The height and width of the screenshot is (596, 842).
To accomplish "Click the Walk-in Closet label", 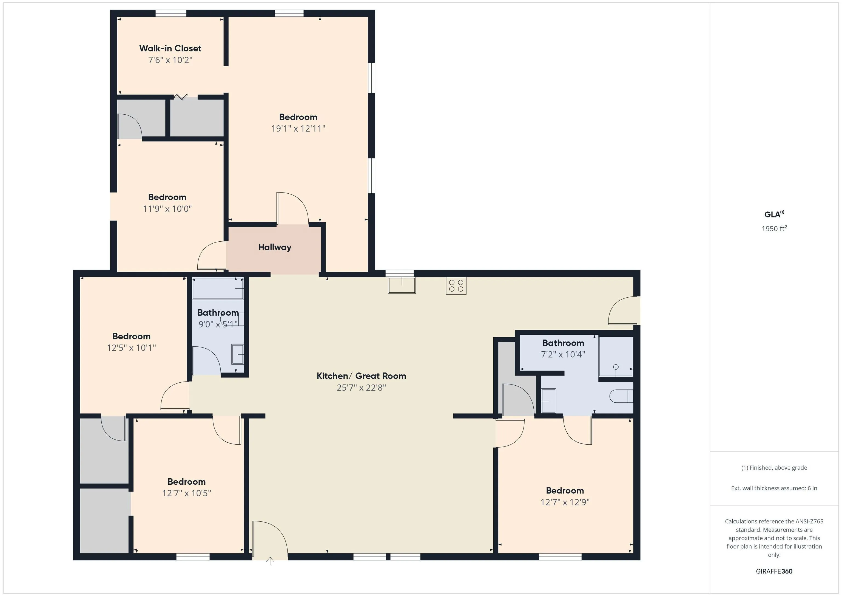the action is pyautogui.click(x=170, y=48).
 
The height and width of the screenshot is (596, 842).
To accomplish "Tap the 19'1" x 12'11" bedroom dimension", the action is pyautogui.click(x=298, y=128).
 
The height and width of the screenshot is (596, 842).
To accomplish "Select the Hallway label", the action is pyautogui.click(x=275, y=247).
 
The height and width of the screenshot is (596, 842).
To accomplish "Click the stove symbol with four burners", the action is pyautogui.click(x=456, y=286).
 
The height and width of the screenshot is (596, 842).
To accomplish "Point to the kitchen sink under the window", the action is pyautogui.click(x=402, y=285).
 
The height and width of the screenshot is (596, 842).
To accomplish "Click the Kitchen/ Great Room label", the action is pyautogui.click(x=361, y=376).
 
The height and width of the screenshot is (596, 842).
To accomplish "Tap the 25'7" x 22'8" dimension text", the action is pyautogui.click(x=361, y=388).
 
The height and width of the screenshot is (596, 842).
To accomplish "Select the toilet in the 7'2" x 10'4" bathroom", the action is pyautogui.click(x=621, y=396).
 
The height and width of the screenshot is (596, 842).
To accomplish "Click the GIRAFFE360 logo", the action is pyautogui.click(x=774, y=571).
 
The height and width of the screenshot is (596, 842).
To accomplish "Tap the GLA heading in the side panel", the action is pyautogui.click(x=774, y=214).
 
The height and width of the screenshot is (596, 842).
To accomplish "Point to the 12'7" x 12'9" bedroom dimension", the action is pyautogui.click(x=565, y=502).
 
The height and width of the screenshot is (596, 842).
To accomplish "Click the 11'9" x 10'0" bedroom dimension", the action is pyautogui.click(x=167, y=209).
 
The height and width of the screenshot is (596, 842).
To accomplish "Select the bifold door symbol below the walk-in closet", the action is pyautogui.click(x=181, y=97).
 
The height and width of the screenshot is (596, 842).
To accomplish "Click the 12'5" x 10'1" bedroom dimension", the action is pyautogui.click(x=131, y=348).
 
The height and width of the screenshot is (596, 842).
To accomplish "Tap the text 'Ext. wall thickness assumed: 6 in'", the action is pyautogui.click(x=774, y=488).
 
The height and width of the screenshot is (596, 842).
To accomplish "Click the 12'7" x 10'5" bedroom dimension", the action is pyautogui.click(x=187, y=493).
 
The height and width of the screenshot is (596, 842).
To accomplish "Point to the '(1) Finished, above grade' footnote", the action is pyautogui.click(x=774, y=468).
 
